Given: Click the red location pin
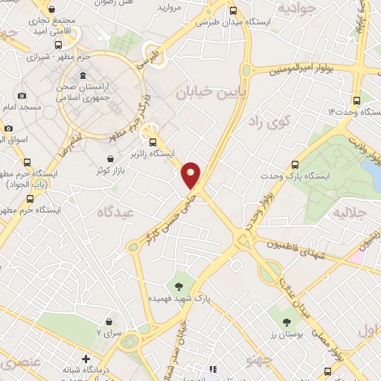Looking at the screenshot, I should tap(192, 173).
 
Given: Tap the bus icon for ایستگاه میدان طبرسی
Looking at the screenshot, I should tap(233, 11).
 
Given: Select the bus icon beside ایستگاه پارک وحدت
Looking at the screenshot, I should tap(295, 164).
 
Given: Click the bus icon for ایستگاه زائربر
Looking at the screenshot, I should tap(153, 142).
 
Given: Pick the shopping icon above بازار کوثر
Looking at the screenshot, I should tap(111, 159).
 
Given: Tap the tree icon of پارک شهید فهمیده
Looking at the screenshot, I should tap(179, 285).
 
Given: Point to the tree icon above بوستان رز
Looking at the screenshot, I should tap(286, 321).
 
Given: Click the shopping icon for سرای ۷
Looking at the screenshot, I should tap(110, 321).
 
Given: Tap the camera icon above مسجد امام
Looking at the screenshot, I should tap(22, 95).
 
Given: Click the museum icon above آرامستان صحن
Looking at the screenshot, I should tap(82, 77).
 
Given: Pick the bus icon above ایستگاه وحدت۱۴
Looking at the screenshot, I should tap(357, 98).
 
